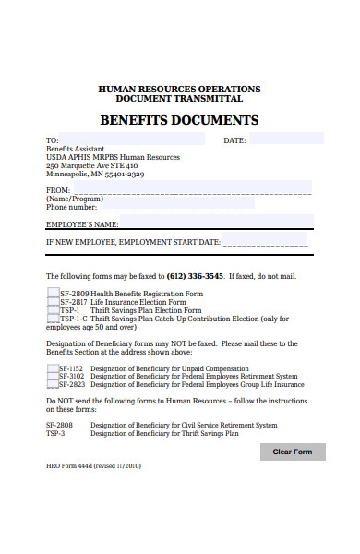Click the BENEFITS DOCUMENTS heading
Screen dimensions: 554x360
[x=179, y=120]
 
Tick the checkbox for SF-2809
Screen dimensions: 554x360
[x=53, y=293]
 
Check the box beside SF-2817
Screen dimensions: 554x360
[x=53, y=302]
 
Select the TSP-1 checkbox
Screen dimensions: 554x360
[x=53, y=311]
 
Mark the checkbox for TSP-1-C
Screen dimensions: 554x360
[x=53, y=319]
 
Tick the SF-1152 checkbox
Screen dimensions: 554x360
[x=53, y=368]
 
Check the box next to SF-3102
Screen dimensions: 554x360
[x=53, y=377]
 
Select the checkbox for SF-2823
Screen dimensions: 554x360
[x=53, y=385]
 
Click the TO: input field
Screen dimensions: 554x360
[x=133, y=139]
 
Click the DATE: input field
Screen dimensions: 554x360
[x=286, y=139]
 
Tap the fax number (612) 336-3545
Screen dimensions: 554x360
[x=195, y=276]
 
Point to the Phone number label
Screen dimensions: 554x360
[x=71, y=207]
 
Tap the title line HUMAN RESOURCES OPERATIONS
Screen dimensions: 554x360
[x=179, y=89]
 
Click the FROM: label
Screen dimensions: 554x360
[x=57, y=189]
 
